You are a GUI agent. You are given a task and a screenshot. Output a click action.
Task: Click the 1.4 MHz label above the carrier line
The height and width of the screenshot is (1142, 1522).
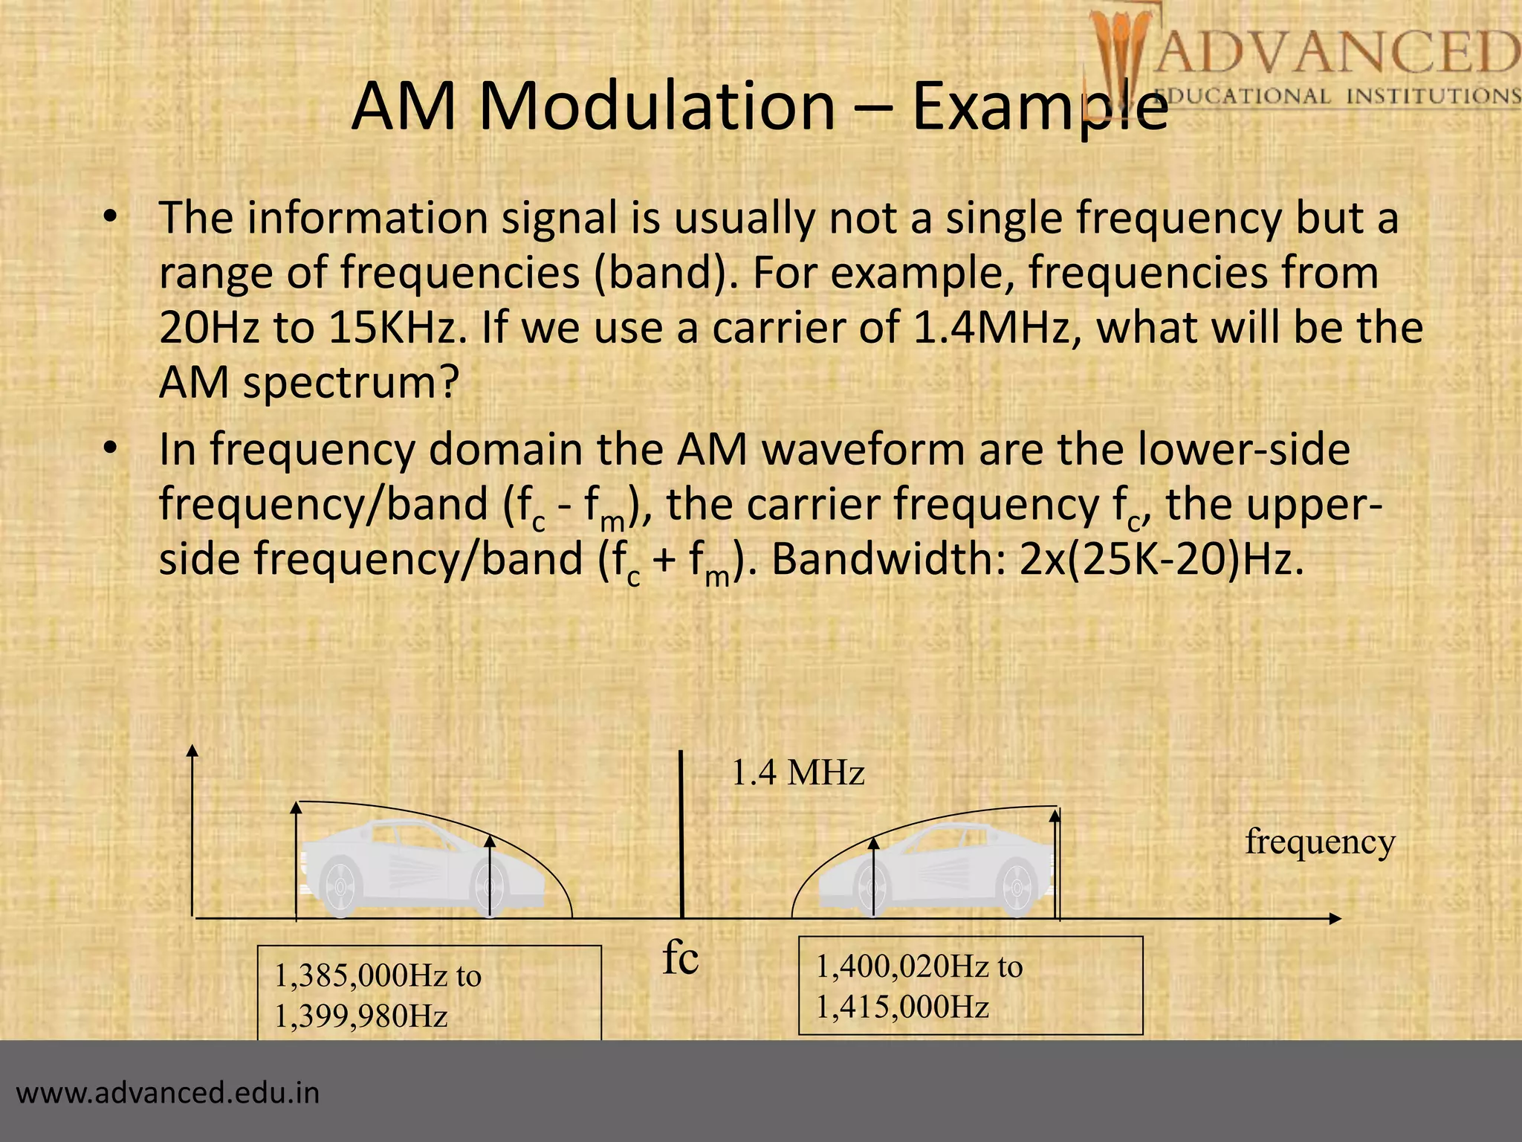click(798, 773)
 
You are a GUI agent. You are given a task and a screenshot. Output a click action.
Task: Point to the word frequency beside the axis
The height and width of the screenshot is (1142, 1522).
click(1320, 842)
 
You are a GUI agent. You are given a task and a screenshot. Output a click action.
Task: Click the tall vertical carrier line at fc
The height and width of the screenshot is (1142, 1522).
click(681, 833)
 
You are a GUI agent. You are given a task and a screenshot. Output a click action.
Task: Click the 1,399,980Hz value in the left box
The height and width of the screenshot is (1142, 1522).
click(361, 1016)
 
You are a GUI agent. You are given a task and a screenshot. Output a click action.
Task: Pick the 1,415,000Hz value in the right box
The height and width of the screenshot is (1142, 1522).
click(902, 1007)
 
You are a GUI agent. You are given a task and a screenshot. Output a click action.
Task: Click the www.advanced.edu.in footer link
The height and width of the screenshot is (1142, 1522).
click(168, 1093)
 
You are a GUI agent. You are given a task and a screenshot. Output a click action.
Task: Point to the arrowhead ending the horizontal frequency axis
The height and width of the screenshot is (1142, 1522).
click(1335, 919)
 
